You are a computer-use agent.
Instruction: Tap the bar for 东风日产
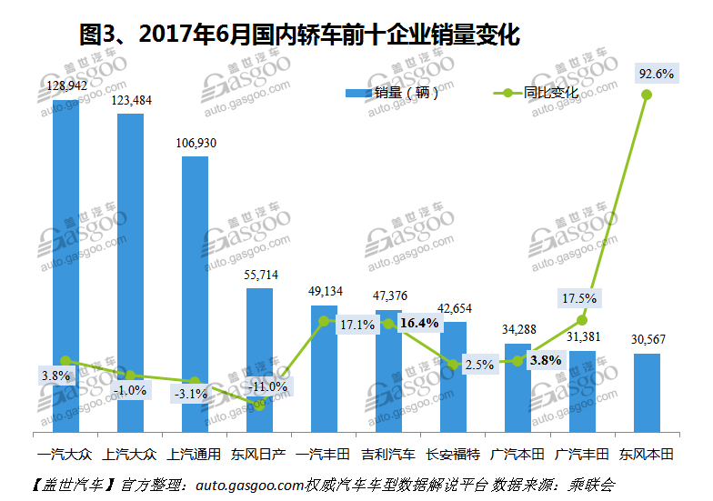click(260, 346)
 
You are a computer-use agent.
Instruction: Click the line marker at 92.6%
click(647, 95)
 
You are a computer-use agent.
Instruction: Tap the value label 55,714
click(260, 275)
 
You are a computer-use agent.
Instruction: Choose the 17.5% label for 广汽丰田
click(578, 297)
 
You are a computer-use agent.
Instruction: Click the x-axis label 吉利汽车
click(388, 453)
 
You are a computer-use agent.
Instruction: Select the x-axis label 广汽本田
click(517, 453)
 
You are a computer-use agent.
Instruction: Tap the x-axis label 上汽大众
click(130, 453)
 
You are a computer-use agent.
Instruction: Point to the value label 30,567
click(647, 339)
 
